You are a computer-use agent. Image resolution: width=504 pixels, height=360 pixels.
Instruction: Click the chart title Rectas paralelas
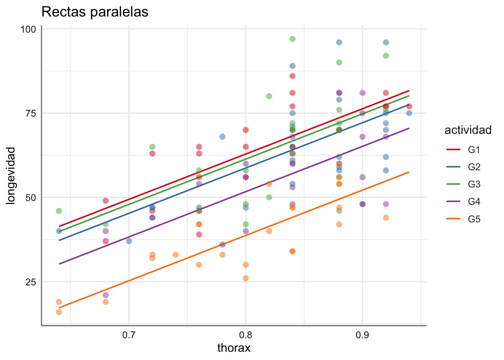[x=95, y=12]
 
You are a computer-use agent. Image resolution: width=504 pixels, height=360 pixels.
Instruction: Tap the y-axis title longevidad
[x=11, y=175]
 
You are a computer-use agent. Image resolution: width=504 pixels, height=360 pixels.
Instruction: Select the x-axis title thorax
[x=234, y=348]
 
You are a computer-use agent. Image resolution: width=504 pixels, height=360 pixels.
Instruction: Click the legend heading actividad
[x=468, y=130]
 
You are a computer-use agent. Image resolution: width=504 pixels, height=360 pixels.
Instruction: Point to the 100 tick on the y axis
[x=28, y=29]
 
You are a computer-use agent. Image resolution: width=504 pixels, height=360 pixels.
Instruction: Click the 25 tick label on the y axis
[x=30, y=282]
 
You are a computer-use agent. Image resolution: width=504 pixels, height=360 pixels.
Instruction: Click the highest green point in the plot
[x=292, y=39]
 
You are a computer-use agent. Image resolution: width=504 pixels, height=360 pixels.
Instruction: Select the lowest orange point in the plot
[x=59, y=312]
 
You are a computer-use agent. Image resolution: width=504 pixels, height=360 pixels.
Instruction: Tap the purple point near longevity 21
[x=106, y=295]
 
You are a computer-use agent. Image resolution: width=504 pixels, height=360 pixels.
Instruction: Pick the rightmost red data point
[x=409, y=106]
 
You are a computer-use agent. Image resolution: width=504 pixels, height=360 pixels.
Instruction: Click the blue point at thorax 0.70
[x=129, y=241]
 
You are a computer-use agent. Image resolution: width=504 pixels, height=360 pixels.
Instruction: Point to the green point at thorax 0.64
[x=59, y=211]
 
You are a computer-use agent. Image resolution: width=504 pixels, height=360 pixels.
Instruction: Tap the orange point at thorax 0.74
[x=175, y=255]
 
